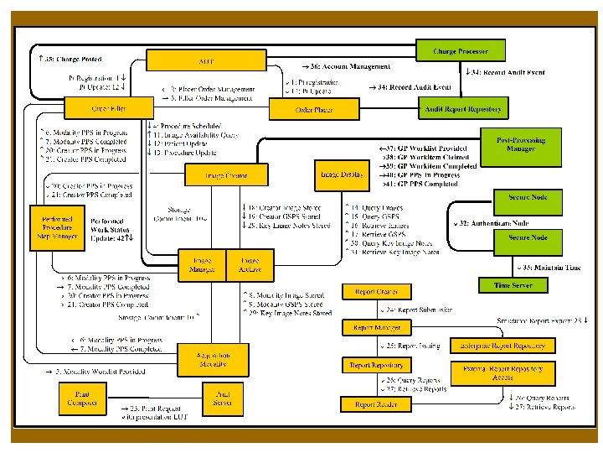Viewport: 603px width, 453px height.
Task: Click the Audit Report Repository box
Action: [462, 109]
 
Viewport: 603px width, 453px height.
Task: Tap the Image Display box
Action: [341, 174]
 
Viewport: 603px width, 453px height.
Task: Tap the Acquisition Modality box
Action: [214, 360]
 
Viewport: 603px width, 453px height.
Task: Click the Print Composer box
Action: [84, 398]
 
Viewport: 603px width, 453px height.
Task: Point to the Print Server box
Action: [222, 398]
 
